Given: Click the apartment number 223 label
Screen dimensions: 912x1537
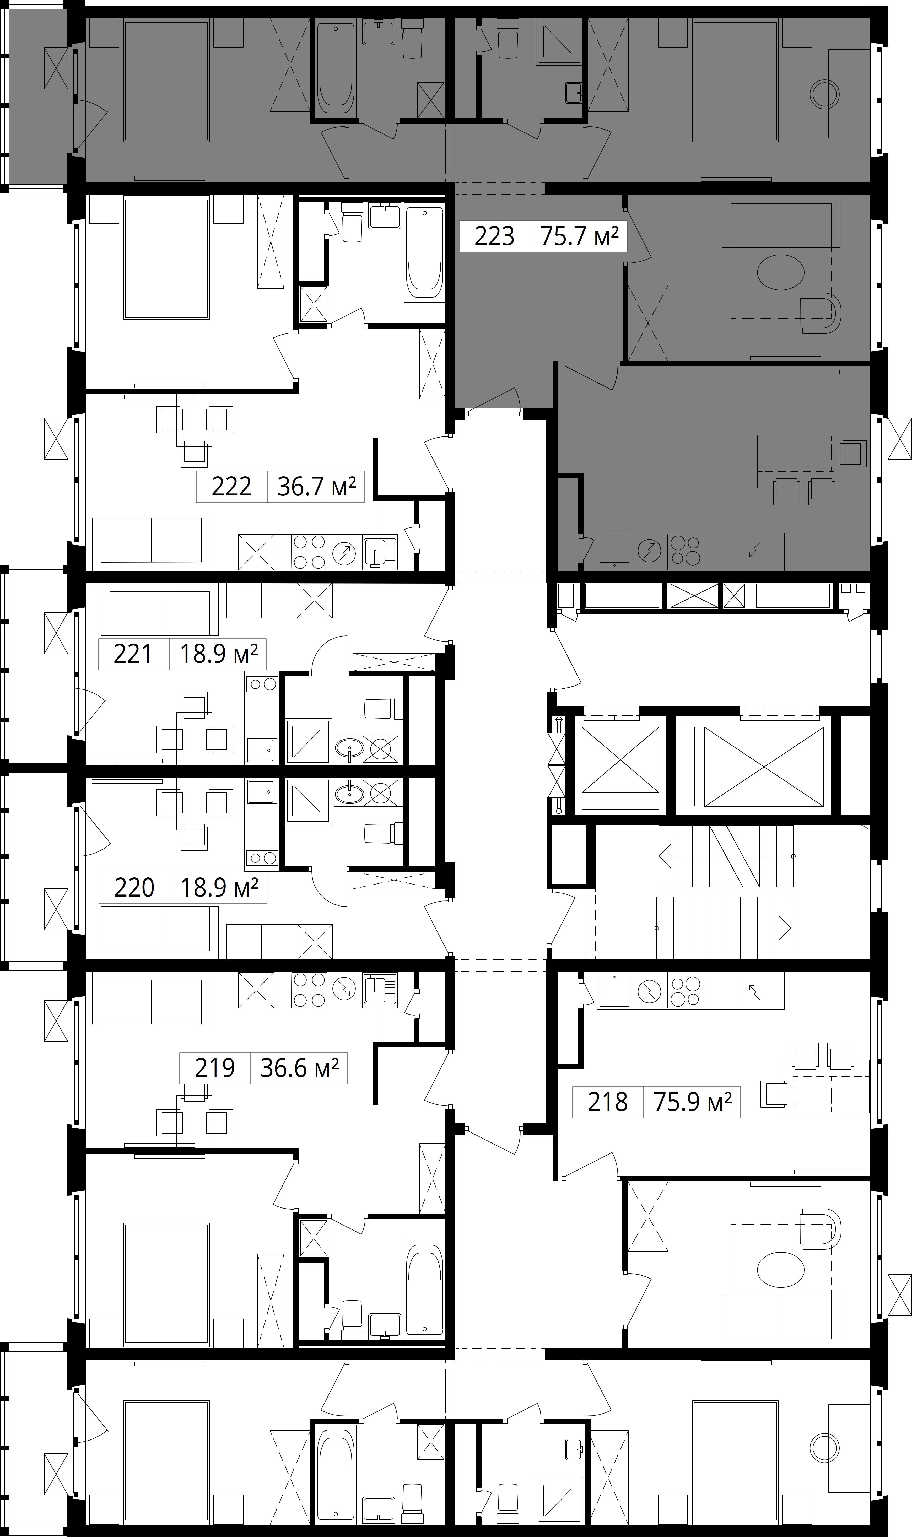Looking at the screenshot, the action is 494,236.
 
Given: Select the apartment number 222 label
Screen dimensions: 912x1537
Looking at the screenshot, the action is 232,487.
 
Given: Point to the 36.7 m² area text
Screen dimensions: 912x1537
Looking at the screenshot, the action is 316,487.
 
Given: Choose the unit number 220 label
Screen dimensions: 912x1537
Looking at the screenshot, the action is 134,887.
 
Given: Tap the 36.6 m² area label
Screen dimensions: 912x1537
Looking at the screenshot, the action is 300,1068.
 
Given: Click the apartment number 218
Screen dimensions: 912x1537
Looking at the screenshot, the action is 608,1102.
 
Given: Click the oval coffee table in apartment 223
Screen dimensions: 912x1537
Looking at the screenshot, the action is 780,272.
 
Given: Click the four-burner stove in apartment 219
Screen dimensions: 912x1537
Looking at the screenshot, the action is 309,990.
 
